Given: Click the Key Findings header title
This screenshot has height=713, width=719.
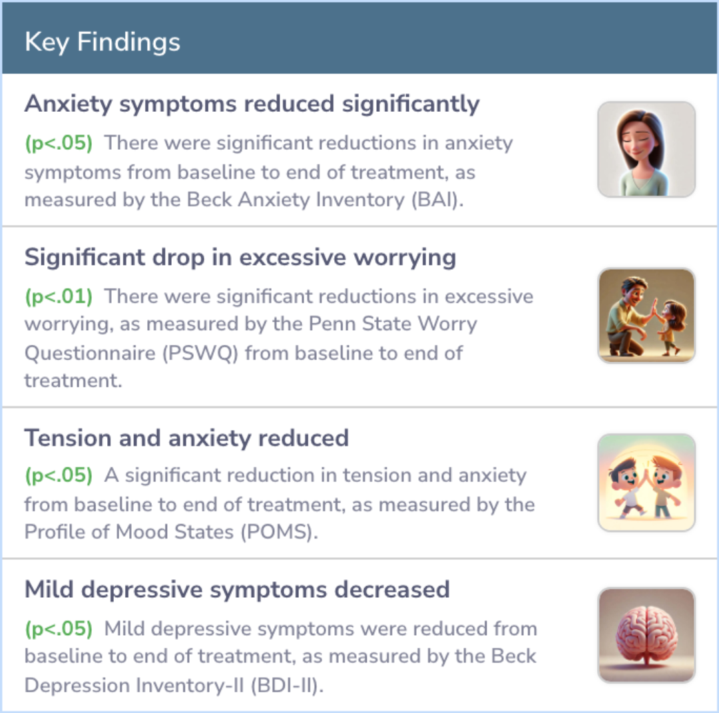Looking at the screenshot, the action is (103, 42).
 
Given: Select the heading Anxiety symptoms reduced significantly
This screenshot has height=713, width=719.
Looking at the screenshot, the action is (252, 104).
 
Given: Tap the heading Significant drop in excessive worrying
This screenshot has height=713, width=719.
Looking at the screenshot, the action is (240, 258).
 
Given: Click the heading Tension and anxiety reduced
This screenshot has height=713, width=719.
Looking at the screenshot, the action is (186, 438).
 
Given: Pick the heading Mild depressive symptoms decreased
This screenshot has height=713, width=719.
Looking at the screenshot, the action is (237, 590).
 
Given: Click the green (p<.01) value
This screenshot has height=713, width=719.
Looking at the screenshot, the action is (59, 297).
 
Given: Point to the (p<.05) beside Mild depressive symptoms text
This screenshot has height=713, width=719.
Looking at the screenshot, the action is (59, 628).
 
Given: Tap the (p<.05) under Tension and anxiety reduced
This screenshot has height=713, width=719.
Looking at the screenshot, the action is (59, 475).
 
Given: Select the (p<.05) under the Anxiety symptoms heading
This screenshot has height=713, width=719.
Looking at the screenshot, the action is (59, 143).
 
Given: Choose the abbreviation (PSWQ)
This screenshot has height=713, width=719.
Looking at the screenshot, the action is (200, 354).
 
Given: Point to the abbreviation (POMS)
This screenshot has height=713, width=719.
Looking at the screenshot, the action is (279, 533).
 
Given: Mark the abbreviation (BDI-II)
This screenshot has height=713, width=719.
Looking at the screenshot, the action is (287, 686).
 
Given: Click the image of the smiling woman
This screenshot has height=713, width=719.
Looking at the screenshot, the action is (646, 150).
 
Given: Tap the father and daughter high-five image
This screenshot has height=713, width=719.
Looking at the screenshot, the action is (646, 316).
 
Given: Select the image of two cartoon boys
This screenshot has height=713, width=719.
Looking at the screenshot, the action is (646, 483).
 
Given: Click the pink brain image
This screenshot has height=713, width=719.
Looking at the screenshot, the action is (646, 636).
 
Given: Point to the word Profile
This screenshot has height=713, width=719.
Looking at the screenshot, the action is (54, 533).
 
